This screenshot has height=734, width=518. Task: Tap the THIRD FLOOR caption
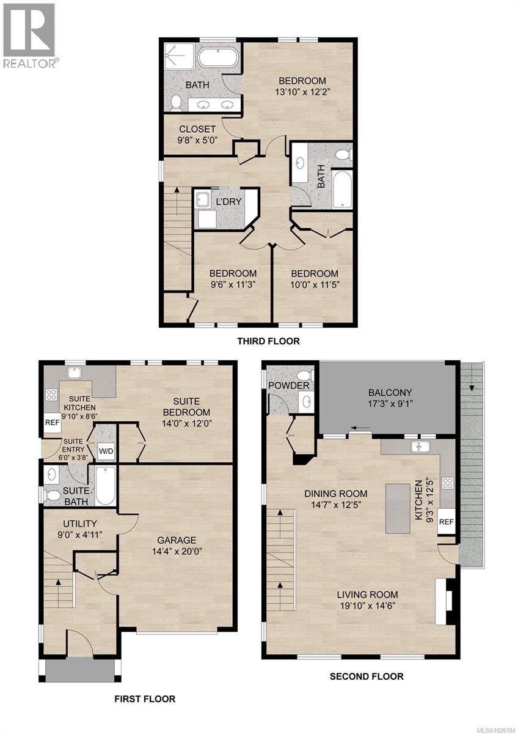pos(268,341)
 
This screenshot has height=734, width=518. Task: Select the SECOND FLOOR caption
pos(367,676)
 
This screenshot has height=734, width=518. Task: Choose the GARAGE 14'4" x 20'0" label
pos(177,545)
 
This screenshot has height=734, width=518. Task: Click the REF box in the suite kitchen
pos(50,423)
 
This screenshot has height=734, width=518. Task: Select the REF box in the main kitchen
pos(447,522)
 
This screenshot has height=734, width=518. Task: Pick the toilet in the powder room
pos(303,374)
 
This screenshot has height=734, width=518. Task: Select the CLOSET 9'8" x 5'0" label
pos(197,135)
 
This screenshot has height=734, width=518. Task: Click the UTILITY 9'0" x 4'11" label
pos(76,528)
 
